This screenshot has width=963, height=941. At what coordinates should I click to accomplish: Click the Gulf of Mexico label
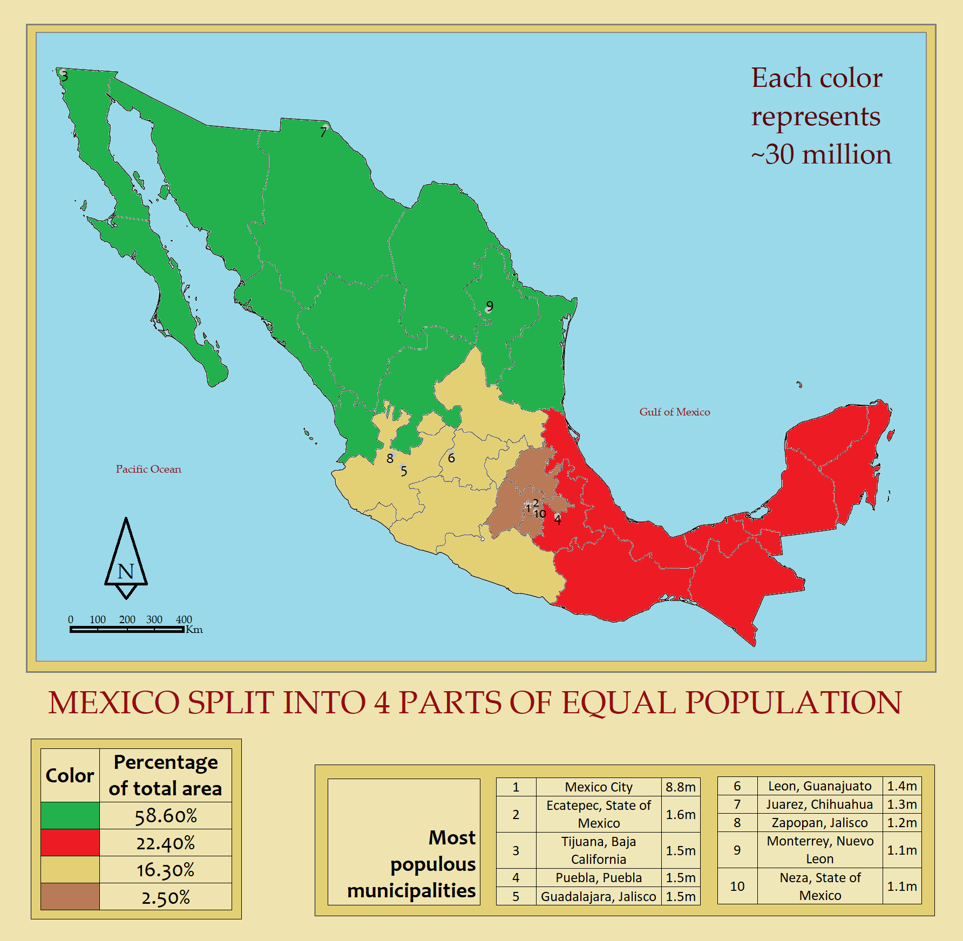[674, 412]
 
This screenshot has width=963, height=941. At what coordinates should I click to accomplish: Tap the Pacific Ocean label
[148, 469]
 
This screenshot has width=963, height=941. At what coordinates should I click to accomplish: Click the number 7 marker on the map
[323, 132]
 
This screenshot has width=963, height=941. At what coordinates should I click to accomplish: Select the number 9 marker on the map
[490, 306]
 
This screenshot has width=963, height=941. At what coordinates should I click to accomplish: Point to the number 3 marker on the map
[65, 76]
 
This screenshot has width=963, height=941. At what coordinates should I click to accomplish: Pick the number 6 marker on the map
[451, 458]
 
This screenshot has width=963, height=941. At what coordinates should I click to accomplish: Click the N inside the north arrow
[126, 571]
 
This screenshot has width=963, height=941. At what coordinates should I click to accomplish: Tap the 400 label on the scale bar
[184, 619]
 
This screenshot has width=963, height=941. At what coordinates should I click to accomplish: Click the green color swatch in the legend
[70, 815]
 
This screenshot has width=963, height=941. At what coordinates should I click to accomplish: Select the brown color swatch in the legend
[70, 896]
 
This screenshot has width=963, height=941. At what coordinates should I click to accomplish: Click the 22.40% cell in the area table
[165, 843]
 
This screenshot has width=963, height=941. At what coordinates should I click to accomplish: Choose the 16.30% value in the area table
[165, 870]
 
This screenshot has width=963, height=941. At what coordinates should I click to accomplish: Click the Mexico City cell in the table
[598, 787]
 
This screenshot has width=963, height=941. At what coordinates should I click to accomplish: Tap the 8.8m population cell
[680, 787]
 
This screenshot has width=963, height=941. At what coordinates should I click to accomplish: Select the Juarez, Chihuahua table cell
[819, 804]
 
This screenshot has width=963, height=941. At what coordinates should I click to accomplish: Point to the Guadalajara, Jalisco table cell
[598, 896]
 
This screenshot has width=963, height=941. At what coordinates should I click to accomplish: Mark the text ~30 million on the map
[820, 154]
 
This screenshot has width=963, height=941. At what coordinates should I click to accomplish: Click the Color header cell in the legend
[70, 775]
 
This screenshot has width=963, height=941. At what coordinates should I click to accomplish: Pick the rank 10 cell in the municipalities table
[737, 886]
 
